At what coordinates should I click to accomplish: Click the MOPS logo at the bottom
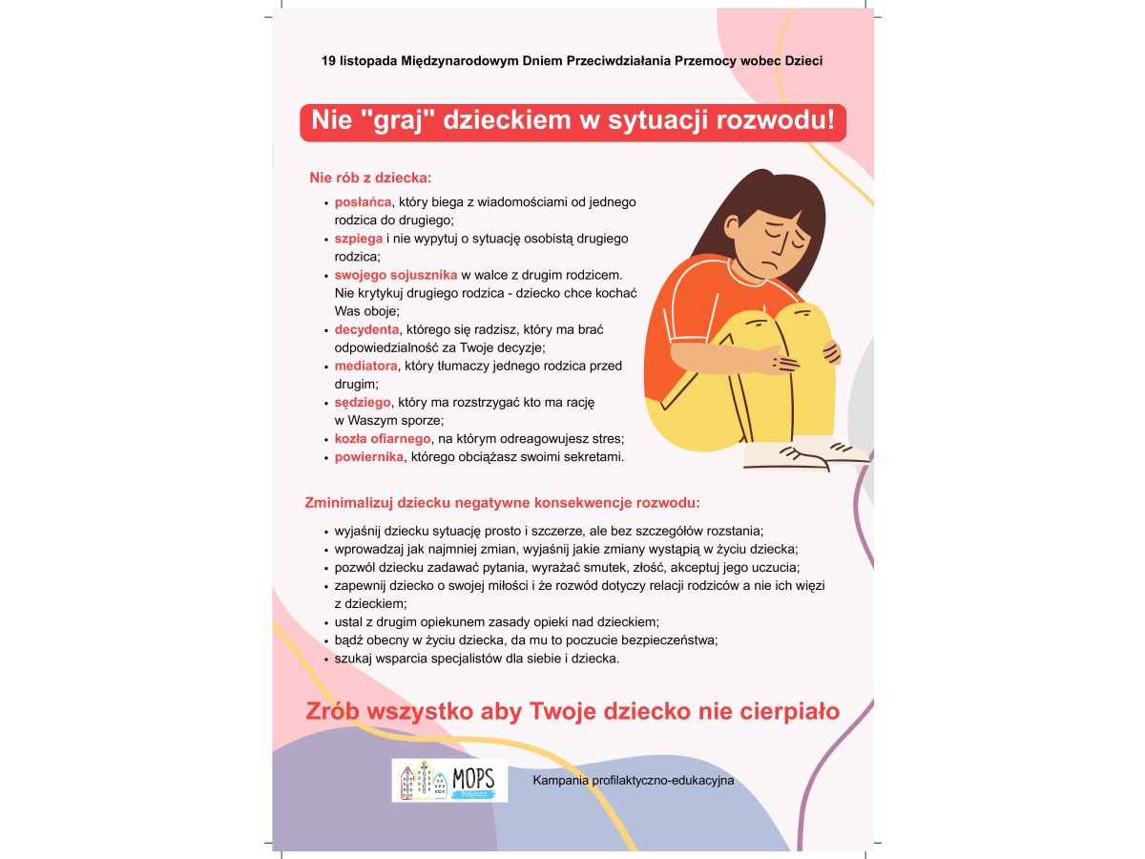449,780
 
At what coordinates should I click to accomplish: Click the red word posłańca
363,202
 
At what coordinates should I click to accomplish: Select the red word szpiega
358,239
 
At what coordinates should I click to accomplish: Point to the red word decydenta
366,329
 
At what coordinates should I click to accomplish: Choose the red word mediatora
365,366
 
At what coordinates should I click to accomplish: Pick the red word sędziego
363,402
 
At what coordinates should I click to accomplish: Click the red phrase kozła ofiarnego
383,438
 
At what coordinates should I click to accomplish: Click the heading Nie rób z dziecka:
370,178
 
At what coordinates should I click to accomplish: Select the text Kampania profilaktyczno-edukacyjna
634,781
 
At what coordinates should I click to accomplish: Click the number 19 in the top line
329,61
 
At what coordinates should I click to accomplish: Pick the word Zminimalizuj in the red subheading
345,502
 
